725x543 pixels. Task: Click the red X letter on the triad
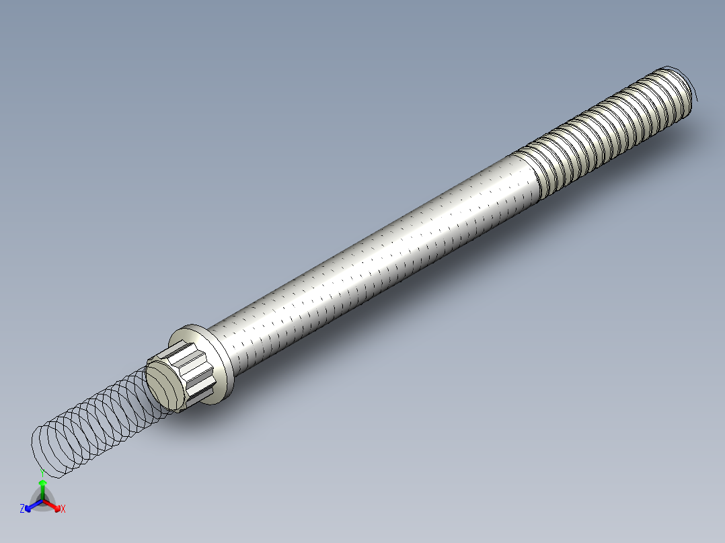[x=63, y=509]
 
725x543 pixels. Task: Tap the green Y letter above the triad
[x=42, y=472]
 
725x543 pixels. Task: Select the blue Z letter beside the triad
[x=22, y=509]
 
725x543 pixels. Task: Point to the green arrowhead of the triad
[x=42, y=483]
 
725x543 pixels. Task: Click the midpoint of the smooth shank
[x=377, y=255]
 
